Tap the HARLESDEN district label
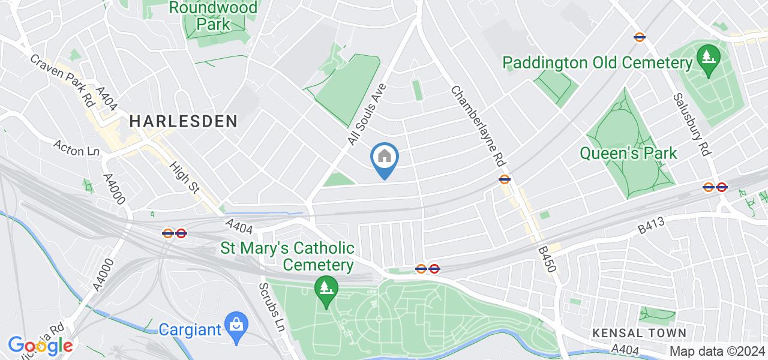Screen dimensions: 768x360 (183, 121)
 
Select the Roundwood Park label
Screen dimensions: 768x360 (213, 16)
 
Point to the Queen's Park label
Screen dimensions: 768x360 (628, 153)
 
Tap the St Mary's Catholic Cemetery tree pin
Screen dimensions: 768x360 (326, 290)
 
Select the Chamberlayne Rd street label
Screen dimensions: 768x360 (478, 125)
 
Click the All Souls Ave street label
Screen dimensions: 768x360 (365, 114)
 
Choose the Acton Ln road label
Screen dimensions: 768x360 (76, 148)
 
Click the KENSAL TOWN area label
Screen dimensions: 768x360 (638, 332)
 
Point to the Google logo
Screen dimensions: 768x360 (40, 346)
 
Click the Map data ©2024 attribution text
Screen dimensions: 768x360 (717, 351)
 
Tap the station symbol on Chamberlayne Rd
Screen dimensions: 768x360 (504, 178)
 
